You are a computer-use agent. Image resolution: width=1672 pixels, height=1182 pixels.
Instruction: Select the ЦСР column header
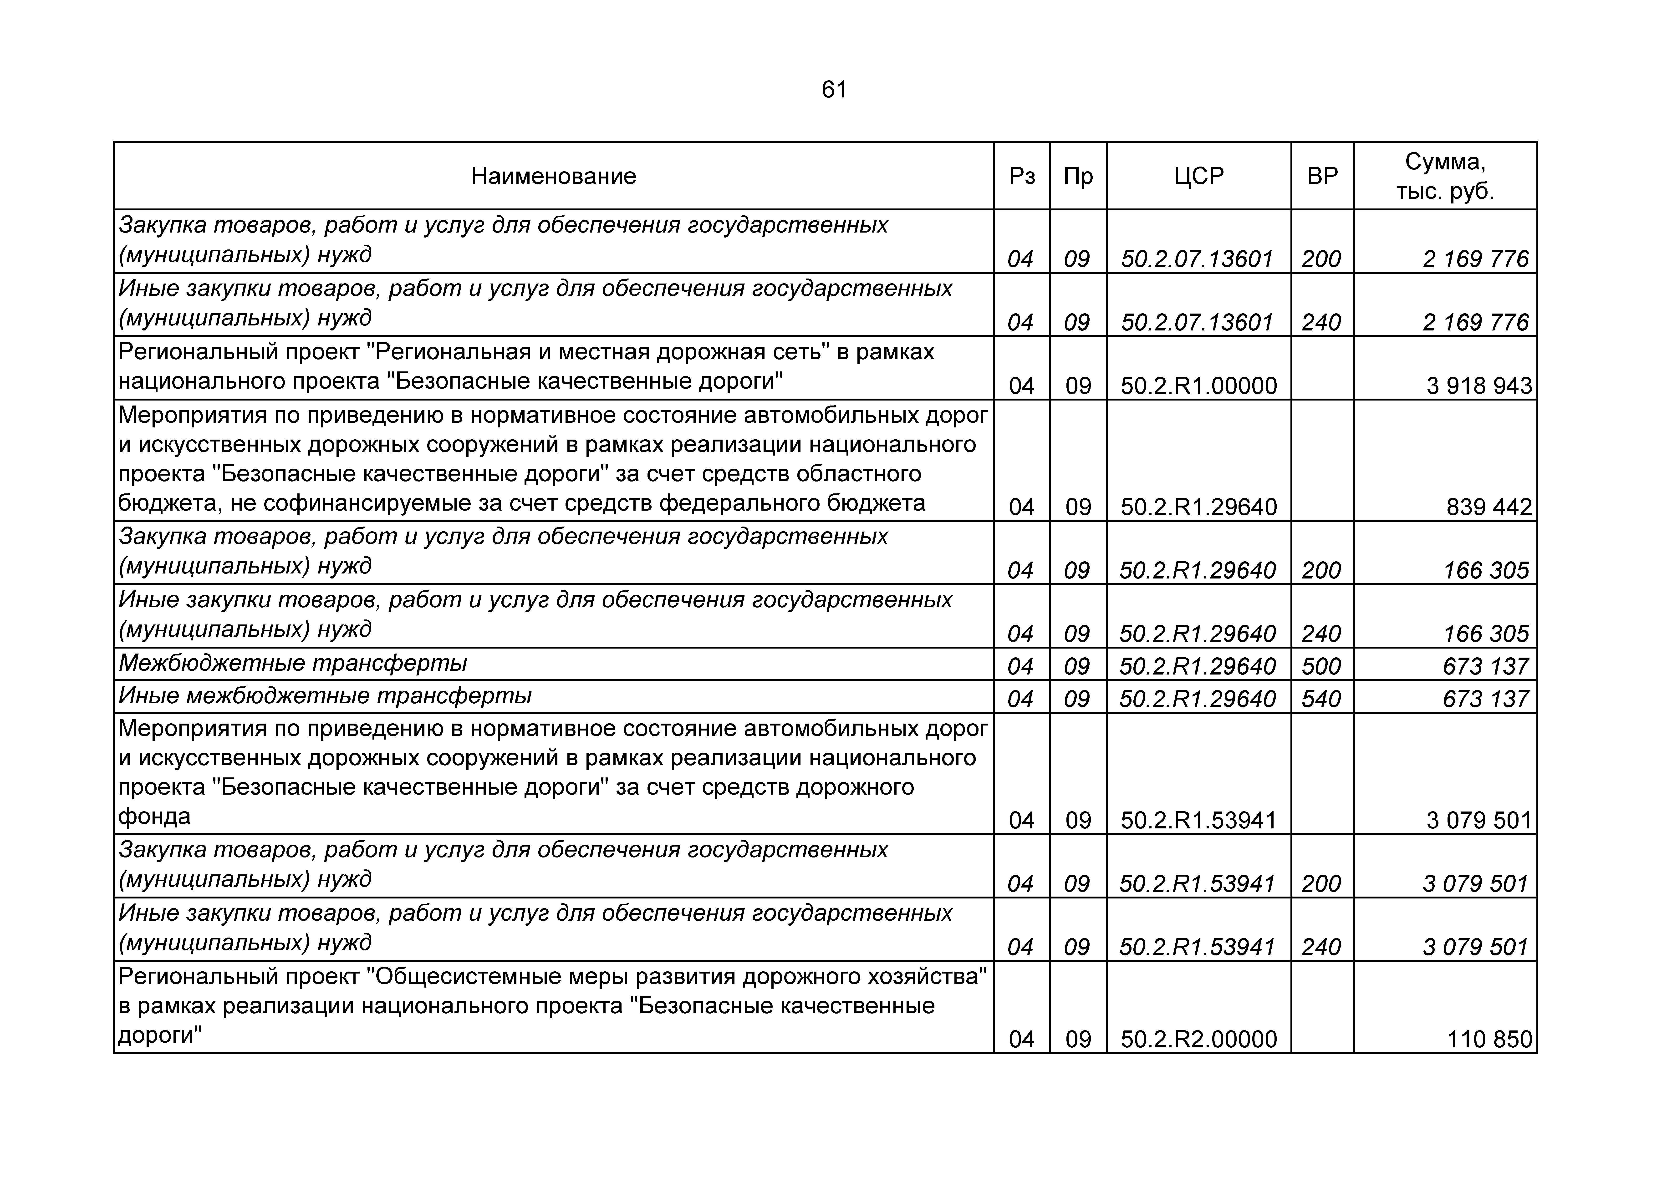click(1199, 176)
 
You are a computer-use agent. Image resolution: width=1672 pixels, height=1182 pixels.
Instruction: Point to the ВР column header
click(1322, 176)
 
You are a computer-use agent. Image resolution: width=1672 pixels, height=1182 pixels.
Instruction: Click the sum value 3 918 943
click(1479, 385)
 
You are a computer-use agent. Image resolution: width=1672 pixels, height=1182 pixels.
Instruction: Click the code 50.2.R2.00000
click(1199, 1039)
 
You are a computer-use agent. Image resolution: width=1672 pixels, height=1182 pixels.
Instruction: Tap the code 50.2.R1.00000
click(1199, 385)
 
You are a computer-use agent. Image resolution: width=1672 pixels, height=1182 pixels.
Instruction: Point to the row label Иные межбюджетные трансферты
click(325, 696)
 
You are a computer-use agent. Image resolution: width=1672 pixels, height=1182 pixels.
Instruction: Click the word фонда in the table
click(154, 817)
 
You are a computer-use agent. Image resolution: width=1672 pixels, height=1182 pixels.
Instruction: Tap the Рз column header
click(1022, 176)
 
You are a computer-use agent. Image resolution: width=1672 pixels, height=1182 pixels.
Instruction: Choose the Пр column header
click(1078, 176)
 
